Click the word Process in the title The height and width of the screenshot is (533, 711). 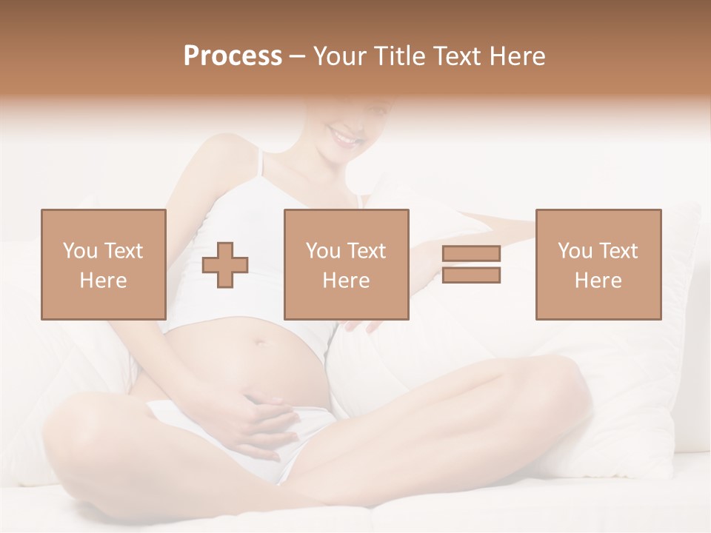(x=233, y=56)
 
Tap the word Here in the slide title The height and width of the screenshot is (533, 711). (x=516, y=56)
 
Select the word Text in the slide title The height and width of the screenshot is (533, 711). (x=456, y=56)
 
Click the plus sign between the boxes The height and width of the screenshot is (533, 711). (x=225, y=264)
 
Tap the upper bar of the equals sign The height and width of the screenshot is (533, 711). (x=471, y=253)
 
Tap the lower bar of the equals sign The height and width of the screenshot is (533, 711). (x=471, y=275)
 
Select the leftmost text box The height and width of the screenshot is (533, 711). (x=103, y=264)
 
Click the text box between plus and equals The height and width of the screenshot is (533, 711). (x=346, y=264)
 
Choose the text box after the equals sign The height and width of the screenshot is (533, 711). (x=598, y=264)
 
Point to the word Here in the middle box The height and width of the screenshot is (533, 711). (x=346, y=281)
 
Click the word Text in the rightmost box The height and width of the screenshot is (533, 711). (x=619, y=251)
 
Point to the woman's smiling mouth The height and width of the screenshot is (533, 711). (x=345, y=137)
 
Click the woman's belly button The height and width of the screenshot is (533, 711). (x=259, y=343)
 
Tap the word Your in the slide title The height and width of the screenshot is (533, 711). (x=339, y=56)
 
